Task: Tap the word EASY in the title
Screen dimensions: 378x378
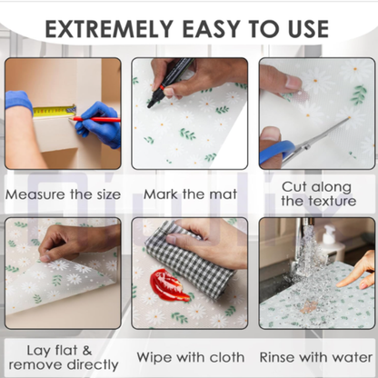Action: point(211,29)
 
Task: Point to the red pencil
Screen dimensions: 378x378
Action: point(94,119)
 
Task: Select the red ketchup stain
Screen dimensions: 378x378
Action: point(168,285)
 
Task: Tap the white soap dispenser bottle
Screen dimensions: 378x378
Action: point(331,242)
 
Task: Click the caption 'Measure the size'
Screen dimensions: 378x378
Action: point(63,194)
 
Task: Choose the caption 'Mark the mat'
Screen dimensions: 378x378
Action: point(190,194)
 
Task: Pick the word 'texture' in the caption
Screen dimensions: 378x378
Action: point(333,201)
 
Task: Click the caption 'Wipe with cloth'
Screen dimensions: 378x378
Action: point(191,357)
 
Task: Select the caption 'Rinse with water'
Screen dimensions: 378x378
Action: point(316,357)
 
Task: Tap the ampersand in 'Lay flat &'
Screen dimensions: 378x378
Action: point(87,351)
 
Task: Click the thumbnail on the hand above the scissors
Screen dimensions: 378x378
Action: point(293,83)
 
